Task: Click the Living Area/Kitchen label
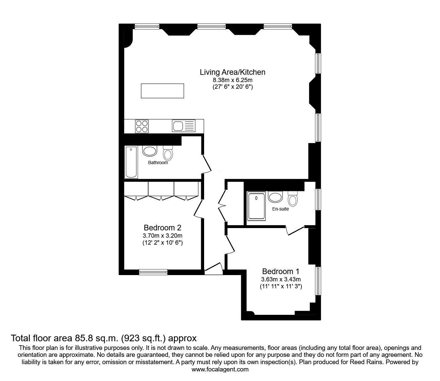coord(232,72)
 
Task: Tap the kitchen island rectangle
coord(162,91)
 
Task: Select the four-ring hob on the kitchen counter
coord(142,126)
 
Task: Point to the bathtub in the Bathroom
coord(131,163)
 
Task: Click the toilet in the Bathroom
coord(168,153)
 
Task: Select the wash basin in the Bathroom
coord(149,151)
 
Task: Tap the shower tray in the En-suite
coord(257,206)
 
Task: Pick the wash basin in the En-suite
coord(275,197)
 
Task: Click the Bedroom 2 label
coord(162,228)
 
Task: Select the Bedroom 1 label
coord(281,271)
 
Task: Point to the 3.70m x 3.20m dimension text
coord(162,236)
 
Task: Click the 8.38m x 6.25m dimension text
coord(232,80)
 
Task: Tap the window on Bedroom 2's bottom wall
coord(153,272)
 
